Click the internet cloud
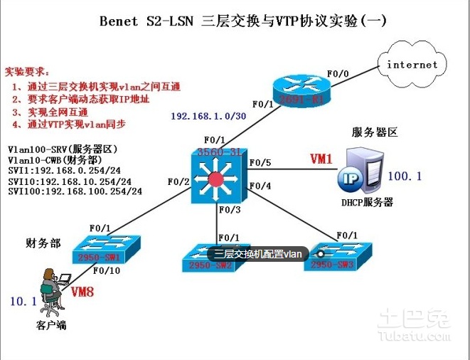[x=412, y=64]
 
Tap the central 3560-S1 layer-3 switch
[x=216, y=174]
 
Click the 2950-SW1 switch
[x=110, y=248]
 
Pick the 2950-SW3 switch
[x=338, y=257]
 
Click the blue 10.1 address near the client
[x=23, y=302]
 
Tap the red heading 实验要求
[x=28, y=72]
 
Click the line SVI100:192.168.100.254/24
[x=75, y=191]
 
